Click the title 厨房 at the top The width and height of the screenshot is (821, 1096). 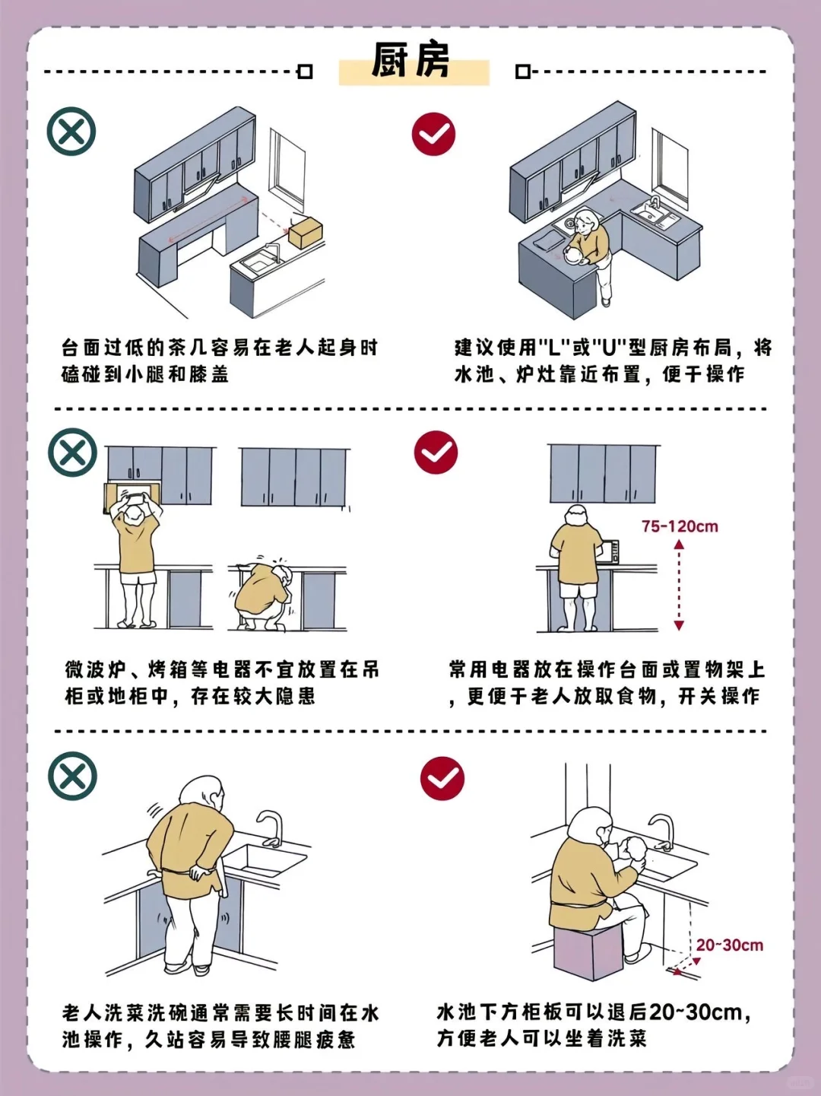[x=411, y=62]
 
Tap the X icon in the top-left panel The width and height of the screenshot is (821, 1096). [x=71, y=132]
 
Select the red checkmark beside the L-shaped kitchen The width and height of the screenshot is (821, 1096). [x=433, y=135]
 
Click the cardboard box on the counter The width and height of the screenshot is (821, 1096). [x=306, y=231]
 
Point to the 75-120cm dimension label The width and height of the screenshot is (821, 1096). [x=679, y=526]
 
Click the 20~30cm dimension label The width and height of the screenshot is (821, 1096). [x=729, y=945]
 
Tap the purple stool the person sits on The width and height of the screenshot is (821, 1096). [x=588, y=951]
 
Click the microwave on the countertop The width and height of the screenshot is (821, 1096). [x=610, y=551]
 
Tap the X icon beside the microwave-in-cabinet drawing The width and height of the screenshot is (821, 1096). [x=72, y=453]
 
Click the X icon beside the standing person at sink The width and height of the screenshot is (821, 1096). [x=72, y=777]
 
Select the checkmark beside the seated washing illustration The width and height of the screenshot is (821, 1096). [x=442, y=779]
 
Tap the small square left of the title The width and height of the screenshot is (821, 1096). [x=305, y=71]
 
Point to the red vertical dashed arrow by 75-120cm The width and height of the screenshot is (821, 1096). [x=679, y=585]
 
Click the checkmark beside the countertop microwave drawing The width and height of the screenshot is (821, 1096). [x=436, y=453]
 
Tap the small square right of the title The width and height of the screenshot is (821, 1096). [x=522, y=71]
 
